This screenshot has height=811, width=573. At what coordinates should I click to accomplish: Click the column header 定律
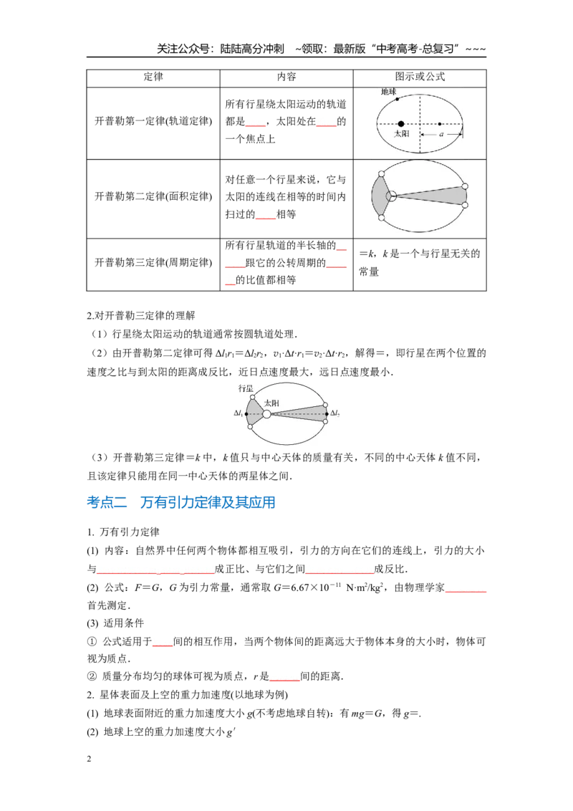(153, 77)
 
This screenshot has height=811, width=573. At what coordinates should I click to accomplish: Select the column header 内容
(286, 77)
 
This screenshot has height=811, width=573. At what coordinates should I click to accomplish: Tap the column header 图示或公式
(420, 77)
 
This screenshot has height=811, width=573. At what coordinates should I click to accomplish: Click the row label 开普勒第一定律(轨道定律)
(153, 121)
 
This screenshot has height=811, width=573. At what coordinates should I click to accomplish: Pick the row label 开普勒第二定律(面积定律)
(153, 196)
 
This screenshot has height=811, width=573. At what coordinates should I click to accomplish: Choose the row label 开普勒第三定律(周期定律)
(153, 263)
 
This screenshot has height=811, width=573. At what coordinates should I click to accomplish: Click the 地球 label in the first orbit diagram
(388, 92)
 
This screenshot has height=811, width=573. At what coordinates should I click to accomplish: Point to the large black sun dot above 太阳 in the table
(401, 124)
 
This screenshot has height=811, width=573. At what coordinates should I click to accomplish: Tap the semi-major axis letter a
(441, 134)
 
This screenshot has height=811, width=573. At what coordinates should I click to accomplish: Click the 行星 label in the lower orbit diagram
(246, 388)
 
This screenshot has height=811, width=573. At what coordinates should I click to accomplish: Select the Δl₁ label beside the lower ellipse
(239, 413)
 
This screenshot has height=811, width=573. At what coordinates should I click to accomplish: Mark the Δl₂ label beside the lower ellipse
(335, 413)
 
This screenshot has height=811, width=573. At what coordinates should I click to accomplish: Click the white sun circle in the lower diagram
(266, 414)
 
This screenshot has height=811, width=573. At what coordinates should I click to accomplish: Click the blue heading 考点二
(107, 502)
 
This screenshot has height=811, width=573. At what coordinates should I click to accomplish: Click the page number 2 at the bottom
(89, 759)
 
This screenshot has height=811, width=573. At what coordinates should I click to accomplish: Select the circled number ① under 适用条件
(92, 642)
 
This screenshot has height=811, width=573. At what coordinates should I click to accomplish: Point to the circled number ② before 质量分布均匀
(92, 676)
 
